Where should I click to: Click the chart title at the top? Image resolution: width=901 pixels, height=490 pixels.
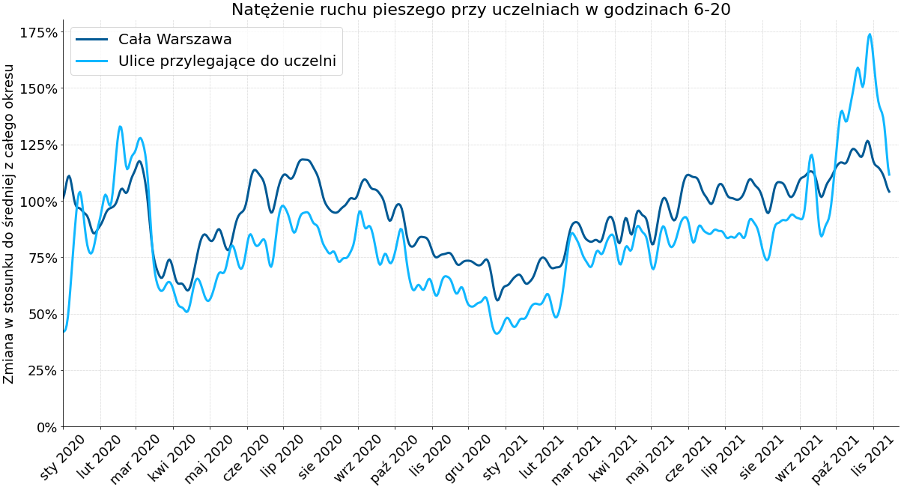tap(481, 10)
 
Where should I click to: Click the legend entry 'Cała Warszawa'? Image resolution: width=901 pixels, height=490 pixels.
tap(175, 40)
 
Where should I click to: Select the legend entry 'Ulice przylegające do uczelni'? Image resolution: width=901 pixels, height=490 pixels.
tap(227, 61)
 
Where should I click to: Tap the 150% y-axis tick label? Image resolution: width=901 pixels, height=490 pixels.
tap(38, 89)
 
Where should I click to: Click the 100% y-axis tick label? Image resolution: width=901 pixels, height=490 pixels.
tap(38, 202)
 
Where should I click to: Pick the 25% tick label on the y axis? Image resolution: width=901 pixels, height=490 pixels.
tap(42, 371)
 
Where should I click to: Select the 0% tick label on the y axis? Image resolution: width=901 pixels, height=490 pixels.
tap(46, 427)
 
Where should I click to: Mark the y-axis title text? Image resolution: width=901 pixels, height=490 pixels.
tap(9, 223)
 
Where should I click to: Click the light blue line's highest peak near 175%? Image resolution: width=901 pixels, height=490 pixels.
tap(870, 34)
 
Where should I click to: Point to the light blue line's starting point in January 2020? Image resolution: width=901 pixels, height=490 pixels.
tap(64, 330)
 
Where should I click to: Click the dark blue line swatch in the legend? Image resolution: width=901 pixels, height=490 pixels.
tap(92, 40)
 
